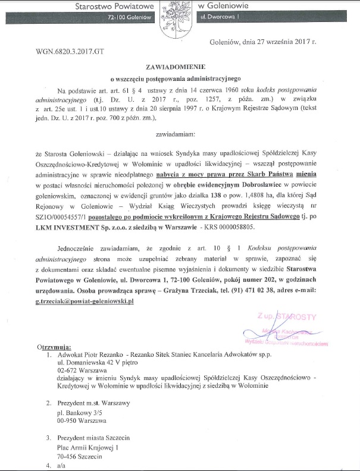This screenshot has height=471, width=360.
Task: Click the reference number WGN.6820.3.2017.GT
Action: (70, 51)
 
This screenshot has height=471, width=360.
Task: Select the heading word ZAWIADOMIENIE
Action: (179, 68)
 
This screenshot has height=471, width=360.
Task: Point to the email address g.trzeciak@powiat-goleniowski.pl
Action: (93, 302)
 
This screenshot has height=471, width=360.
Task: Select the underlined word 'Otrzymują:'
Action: (54, 346)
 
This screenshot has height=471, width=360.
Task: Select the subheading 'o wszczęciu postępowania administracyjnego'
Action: (179, 78)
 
